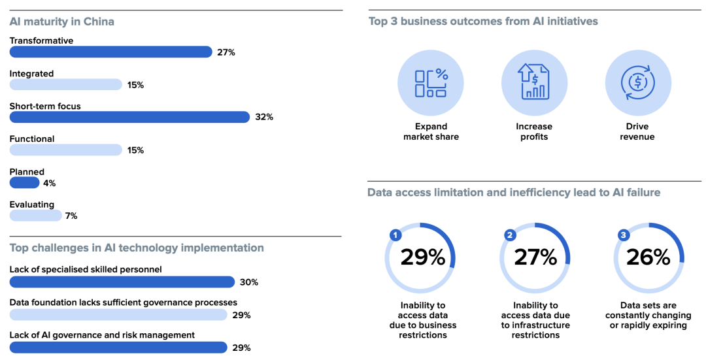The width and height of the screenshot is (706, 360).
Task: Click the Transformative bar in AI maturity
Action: click(x=110, y=52)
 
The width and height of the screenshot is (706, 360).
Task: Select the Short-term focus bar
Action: click(x=129, y=117)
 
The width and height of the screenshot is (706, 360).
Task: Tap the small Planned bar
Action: click(x=24, y=183)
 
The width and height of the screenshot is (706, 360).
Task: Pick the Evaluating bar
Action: click(x=35, y=216)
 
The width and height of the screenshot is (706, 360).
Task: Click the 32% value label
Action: click(x=264, y=117)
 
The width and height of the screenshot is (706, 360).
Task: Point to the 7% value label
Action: click(x=71, y=216)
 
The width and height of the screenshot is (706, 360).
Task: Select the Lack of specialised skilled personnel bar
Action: click(x=122, y=282)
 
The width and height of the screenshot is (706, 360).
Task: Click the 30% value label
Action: click(x=249, y=282)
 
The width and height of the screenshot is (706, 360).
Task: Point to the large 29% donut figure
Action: click(x=422, y=257)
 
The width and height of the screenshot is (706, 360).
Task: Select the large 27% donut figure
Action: click(x=535, y=257)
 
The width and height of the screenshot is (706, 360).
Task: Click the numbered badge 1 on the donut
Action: click(x=395, y=235)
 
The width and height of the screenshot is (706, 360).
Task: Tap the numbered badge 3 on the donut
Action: click(x=624, y=235)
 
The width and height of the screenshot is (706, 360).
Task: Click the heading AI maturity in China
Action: click(x=61, y=22)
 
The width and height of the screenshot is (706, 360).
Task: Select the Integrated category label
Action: click(x=31, y=74)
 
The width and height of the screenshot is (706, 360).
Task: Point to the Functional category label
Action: click(x=32, y=139)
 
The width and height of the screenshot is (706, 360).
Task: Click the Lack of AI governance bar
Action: click(x=118, y=348)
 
